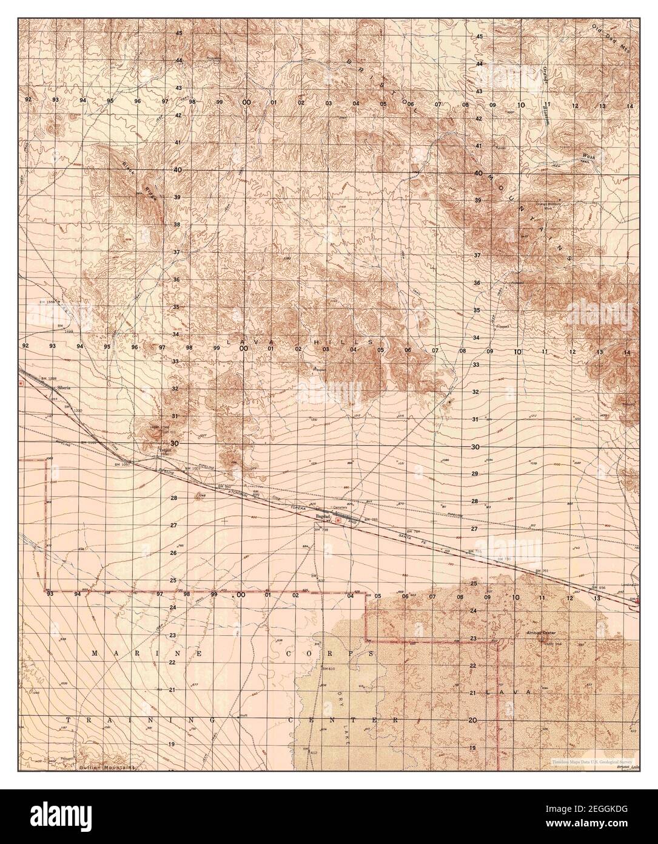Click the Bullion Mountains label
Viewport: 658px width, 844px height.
(x=107, y=767)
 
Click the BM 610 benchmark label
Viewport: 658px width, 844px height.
(x=328, y=668)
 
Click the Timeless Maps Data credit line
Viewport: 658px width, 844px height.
(x=591, y=760)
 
